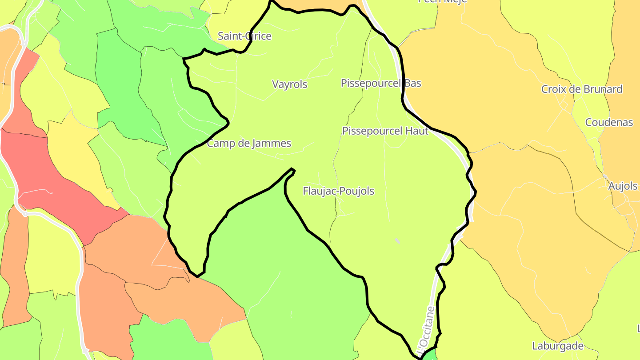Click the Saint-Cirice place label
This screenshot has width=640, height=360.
(244, 36)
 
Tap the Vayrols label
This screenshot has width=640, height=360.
(289, 84)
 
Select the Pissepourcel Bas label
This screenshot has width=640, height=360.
(381, 83)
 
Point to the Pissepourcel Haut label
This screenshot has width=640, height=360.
(385, 131)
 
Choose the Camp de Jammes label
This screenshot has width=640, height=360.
(249, 143)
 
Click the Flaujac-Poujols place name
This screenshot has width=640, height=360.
(338, 191)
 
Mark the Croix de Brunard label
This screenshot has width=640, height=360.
(581, 89)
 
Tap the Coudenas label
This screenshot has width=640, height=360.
(609, 122)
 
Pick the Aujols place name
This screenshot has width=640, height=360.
(623, 186)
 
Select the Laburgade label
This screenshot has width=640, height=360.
(557, 346)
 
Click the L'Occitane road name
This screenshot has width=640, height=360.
(425, 327)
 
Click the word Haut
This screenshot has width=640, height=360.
(417, 131)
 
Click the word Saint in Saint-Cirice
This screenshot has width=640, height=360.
(230, 36)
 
